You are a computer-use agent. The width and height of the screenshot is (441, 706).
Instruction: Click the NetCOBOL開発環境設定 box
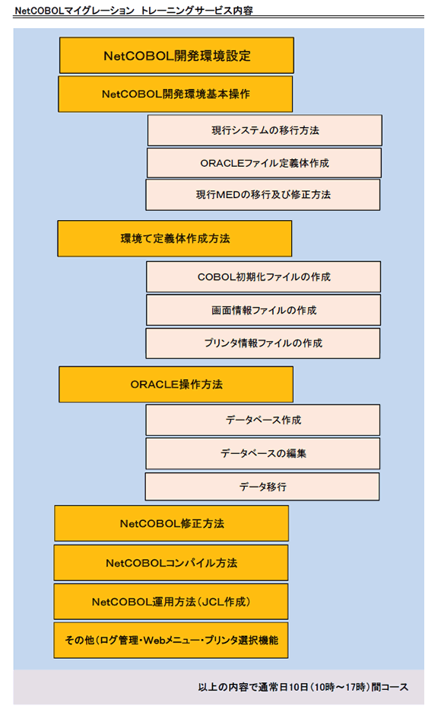(176, 56)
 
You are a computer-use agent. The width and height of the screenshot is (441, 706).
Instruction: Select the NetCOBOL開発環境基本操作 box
(176, 94)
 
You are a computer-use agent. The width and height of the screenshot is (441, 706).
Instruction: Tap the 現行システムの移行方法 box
(265, 130)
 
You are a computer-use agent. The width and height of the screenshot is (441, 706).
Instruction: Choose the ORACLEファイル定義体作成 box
(264, 163)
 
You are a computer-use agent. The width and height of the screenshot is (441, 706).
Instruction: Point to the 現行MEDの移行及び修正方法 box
(263, 195)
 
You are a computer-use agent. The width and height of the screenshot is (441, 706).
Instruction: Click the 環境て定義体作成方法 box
(175, 238)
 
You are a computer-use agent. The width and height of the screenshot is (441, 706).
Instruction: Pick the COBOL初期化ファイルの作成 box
(263, 277)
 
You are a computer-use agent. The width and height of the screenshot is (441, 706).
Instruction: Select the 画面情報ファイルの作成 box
(263, 310)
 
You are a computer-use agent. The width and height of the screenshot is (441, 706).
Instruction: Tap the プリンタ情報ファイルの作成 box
(262, 343)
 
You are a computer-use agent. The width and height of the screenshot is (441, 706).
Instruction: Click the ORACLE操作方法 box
(176, 385)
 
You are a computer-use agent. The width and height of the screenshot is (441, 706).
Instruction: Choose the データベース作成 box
(262, 420)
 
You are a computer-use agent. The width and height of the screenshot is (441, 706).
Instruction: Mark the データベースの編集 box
(262, 453)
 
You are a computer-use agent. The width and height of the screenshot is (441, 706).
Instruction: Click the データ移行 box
(262, 487)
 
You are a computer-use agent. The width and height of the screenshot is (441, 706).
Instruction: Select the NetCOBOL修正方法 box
(171, 524)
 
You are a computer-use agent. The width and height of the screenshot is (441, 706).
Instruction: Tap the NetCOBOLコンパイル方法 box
(171, 563)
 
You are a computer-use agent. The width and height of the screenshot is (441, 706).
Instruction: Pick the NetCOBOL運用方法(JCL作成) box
(171, 602)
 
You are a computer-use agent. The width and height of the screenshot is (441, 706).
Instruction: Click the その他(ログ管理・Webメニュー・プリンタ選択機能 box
(171, 641)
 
